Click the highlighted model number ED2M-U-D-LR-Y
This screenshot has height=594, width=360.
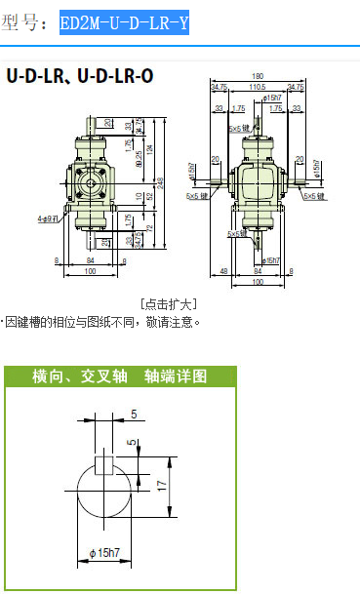click(124, 22)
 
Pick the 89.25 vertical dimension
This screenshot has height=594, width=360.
click(140, 162)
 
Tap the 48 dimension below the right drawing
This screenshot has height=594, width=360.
click(224, 271)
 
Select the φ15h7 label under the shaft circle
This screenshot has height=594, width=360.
click(104, 554)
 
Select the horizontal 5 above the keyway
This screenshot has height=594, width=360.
click(133, 414)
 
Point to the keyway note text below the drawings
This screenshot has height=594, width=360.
click(101, 321)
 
